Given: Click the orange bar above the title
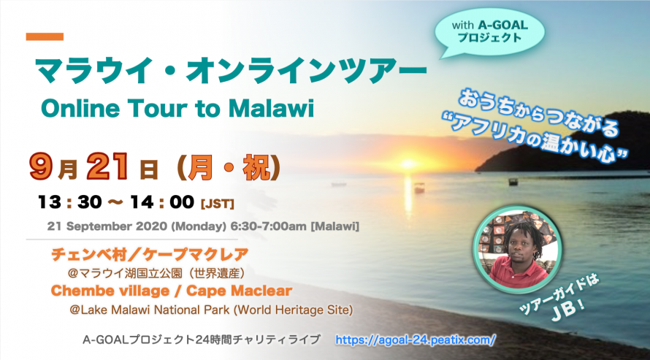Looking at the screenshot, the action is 45,37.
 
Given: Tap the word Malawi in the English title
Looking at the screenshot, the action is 271,109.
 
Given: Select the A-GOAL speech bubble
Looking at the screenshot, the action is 489,32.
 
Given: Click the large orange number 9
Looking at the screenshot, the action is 41,166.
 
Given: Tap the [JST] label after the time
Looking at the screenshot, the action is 217,204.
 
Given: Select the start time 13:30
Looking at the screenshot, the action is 69,202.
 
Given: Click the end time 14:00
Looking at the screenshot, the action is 162,202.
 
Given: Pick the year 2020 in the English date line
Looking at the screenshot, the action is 152,226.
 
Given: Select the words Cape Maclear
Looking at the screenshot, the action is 240,291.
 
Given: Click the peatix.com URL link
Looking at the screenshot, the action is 416,340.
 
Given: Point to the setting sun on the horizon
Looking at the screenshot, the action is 408,164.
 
